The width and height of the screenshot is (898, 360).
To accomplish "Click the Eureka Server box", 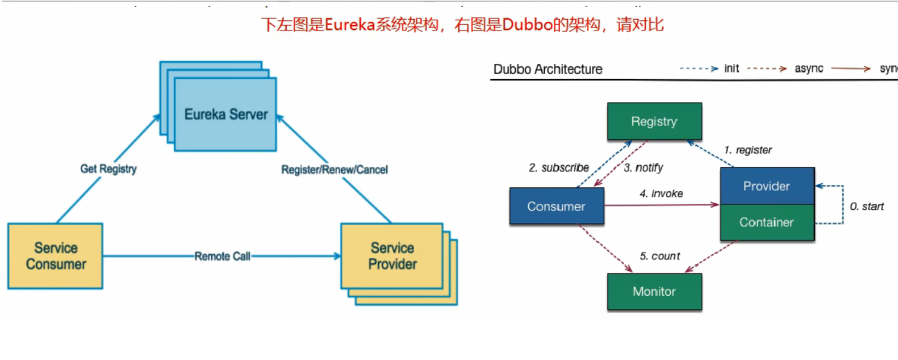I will click(225, 114).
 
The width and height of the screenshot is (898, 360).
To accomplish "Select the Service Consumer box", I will click(55, 256).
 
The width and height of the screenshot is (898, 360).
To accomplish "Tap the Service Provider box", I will click(392, 256).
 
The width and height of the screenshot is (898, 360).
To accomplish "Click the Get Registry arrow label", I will click(108, 169).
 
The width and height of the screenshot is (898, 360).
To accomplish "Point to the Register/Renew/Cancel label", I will click(335, 170).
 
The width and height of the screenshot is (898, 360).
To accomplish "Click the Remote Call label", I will click(222, 256).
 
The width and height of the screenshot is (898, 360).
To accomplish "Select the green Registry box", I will click(654, 122).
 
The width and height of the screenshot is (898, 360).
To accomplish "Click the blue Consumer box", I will click(556, 206).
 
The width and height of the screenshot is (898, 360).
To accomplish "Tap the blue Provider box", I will click(766, 186).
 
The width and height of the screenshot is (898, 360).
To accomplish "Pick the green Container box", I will click(766, 222).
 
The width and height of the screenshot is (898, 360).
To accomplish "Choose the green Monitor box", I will click(654, 292).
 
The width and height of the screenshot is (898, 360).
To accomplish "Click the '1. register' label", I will click(748, 150).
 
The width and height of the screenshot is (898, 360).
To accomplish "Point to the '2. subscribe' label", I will click(559, 168).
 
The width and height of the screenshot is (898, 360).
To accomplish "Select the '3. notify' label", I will click(643, 168).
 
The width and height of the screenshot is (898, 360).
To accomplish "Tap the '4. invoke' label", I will click(661, 194).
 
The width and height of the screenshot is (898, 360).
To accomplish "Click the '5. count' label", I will click(660, 256).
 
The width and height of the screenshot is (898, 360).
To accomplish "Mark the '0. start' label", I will click(867, 207).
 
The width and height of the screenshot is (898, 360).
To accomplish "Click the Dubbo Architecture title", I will click(548, 69).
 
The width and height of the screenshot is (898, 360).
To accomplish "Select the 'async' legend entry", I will click(808, 68).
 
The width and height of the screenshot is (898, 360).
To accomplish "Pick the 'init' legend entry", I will click(731, 68).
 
